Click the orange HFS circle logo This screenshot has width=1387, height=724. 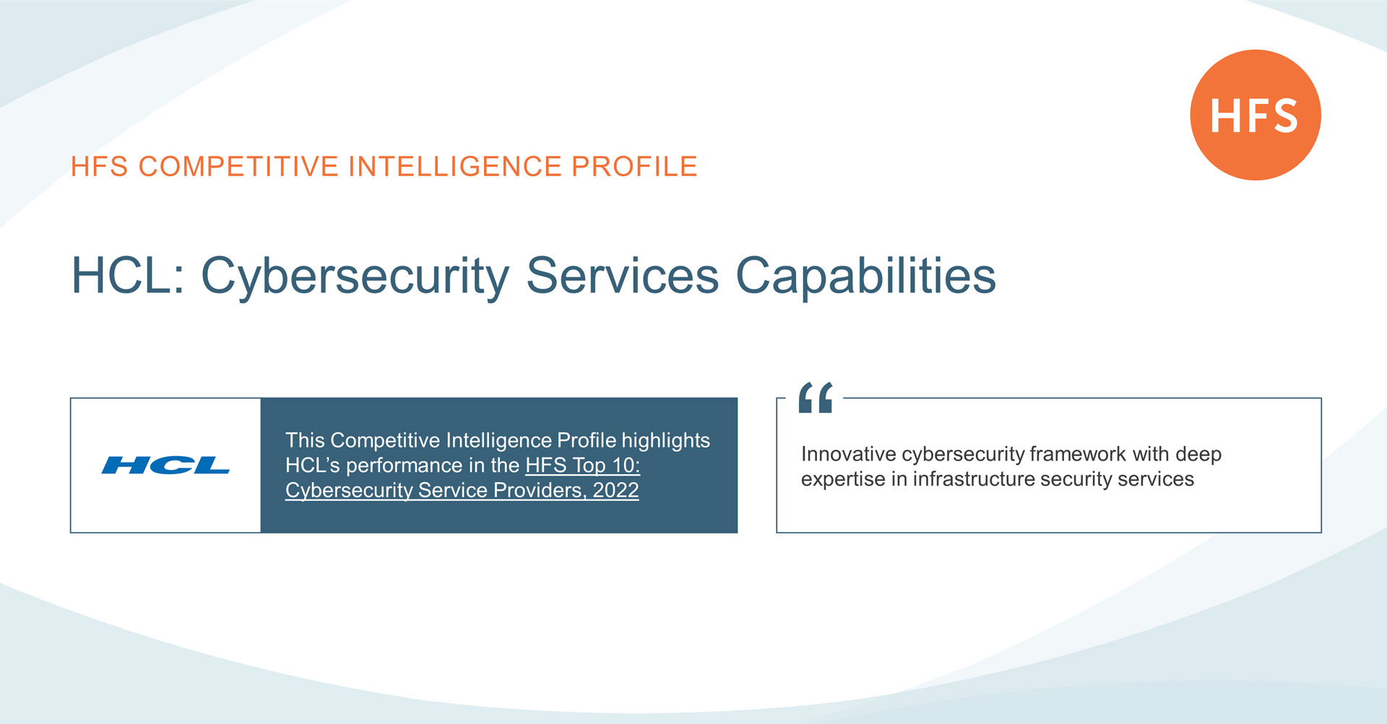(1256, 115)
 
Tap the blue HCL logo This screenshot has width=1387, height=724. (165, 466)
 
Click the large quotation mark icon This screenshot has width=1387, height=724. (816, 398)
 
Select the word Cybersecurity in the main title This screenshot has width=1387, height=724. (355, 277)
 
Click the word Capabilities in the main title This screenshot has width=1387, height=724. (865, 277)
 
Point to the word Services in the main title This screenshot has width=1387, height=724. (622, 276)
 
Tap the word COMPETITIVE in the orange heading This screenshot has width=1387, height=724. (238, 167)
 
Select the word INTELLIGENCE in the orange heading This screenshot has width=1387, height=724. (455, 167)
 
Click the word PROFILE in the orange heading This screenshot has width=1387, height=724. (634, 167)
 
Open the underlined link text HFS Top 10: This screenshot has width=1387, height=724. (583, 466)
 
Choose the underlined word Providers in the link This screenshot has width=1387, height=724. (539, 491)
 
